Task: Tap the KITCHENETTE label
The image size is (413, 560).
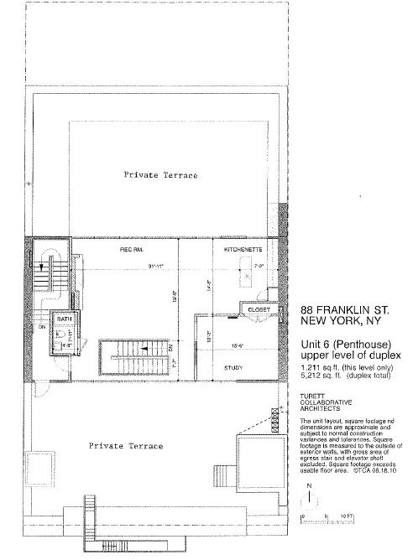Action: [243, 251]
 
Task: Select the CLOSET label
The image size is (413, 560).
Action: [256, 309]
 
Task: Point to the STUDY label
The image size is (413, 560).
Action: [233, 367]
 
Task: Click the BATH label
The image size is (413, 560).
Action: [63, 320]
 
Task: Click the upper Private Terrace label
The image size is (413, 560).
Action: [160, 175]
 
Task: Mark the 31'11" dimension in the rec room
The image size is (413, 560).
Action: [154, 267]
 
